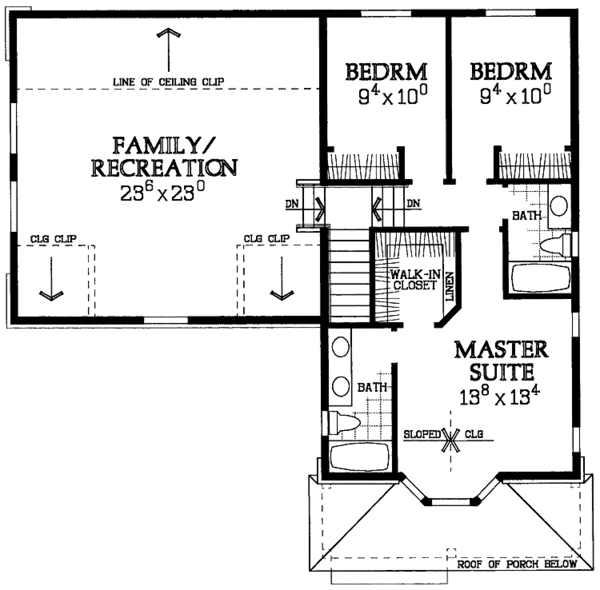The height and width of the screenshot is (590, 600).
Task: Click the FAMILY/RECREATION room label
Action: (164, 157)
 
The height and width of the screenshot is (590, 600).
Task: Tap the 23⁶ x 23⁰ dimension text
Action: (163, 192)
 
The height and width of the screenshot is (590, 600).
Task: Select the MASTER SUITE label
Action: (502, 360)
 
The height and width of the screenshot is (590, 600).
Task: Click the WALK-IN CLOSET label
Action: (415, 280)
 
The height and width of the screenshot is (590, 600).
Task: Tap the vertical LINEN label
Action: (450, 286)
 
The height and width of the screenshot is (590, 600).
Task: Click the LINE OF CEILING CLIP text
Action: (169, 81)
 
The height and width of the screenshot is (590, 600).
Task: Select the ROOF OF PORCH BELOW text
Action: (517, 564)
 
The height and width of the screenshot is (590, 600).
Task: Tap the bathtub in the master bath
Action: (359, 456)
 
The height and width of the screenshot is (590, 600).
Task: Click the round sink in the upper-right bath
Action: (559, 206)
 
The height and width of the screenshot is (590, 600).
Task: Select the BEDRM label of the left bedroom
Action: (386, 72)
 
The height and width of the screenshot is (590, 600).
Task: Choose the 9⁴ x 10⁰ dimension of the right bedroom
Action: (515, 95)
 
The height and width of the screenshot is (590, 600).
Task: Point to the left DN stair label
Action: (292, 204)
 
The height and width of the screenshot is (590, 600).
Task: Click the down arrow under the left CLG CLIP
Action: (51, 279)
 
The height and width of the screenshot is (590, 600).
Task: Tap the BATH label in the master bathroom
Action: (372, 388)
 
